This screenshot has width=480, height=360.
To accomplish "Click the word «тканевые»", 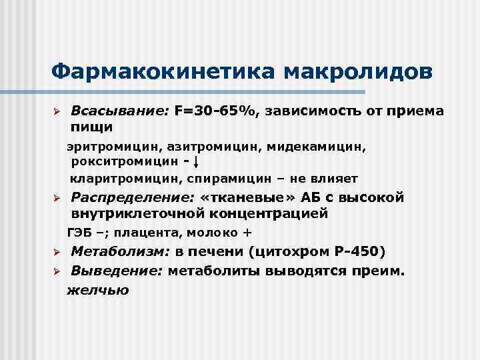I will [244, 198].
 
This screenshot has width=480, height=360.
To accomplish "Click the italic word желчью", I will [98, 290].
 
